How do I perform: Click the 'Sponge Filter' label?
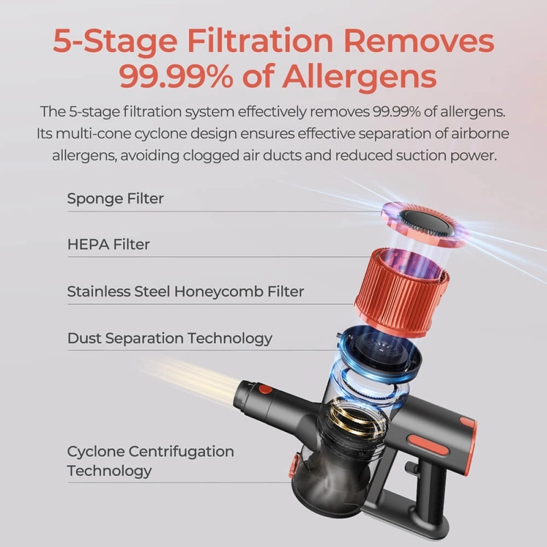pos(115,198)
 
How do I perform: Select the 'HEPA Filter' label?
pos(109,244)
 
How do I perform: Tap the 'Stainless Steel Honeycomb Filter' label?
pos(185,291)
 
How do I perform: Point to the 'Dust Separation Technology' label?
pos(170,338)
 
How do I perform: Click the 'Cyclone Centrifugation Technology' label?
pos(150,461)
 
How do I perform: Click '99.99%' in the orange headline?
pos(176,76)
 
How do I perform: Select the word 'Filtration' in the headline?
pos(261,41)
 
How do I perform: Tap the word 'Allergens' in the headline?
pos(360,77)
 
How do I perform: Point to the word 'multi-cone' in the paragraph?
pos(93,133)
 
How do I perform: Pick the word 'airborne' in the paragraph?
pos(480,133)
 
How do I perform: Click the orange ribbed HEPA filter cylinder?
pos(401,291)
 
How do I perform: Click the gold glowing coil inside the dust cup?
pos(356,421)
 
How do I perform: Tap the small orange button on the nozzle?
pos(265,389)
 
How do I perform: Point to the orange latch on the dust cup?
pos(293,465)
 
